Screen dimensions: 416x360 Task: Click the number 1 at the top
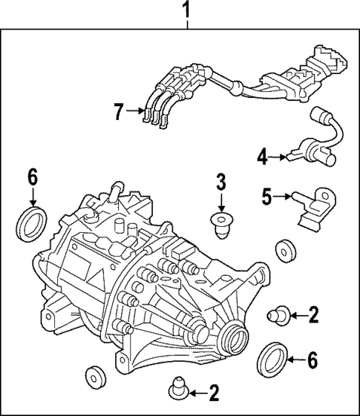(x=186, y=10)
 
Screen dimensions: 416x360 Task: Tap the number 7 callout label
(x=119, y=112)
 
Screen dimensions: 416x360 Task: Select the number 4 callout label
(x=262, y=156)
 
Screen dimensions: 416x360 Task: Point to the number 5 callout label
(x=266, y=197)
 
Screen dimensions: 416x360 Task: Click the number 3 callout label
(x=221, y=181)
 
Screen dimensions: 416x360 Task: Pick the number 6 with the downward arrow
(x=32, y=177)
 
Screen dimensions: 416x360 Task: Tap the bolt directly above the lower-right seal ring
(x=281, y=316)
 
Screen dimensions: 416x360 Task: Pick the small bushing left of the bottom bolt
(x=94, y=376)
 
